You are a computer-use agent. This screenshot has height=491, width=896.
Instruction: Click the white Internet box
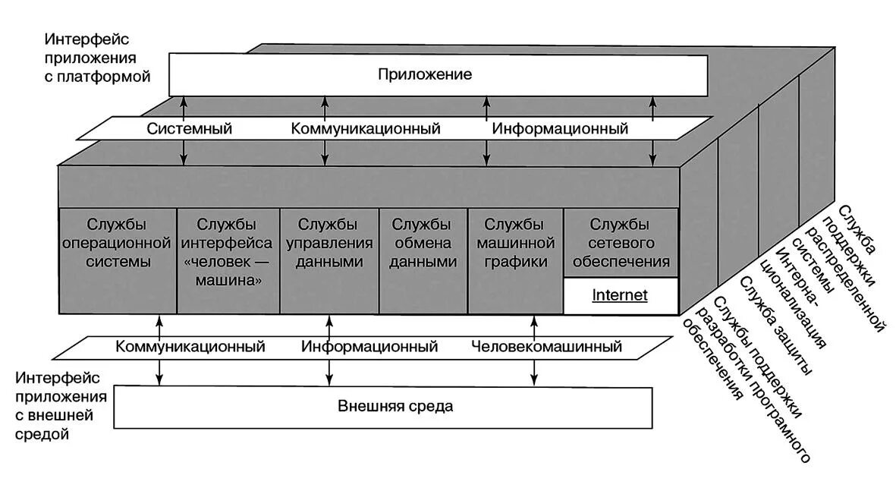[x=620, y=296]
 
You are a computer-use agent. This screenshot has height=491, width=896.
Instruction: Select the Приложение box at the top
[x=437, y=74]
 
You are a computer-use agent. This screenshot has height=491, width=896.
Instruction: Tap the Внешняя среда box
[x=383, y=407]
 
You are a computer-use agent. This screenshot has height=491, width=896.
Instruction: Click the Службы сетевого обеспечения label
[x=620, y=244]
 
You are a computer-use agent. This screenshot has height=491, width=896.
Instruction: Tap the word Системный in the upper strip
[x=189, y=129]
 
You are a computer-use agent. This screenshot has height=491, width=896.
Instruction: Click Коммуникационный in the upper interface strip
[x=366, y=129]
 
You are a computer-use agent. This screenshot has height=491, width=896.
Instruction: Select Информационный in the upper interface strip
[x=560, y=129]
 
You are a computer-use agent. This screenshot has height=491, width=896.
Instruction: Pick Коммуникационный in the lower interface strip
[x=190, y=347]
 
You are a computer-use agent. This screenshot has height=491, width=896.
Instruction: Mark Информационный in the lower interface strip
[x=369, y=347]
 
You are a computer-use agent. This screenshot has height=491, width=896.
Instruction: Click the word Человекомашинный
[x=546, y=347]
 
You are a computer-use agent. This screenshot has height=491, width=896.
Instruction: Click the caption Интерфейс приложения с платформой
[x=97, y=58]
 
